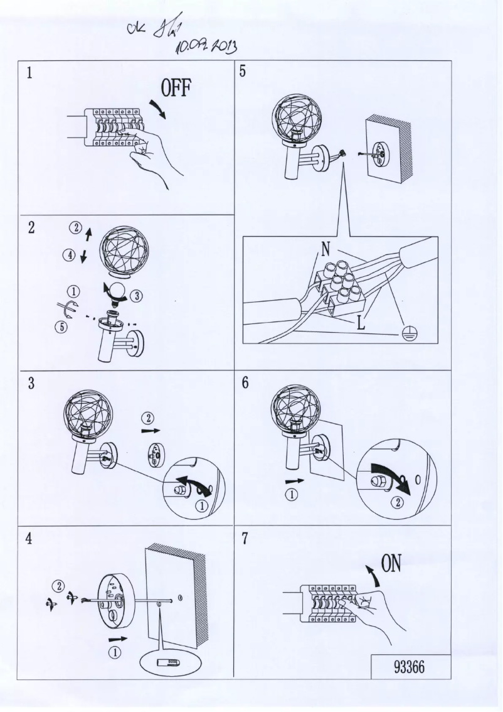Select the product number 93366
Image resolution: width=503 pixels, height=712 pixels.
(410, 666)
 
